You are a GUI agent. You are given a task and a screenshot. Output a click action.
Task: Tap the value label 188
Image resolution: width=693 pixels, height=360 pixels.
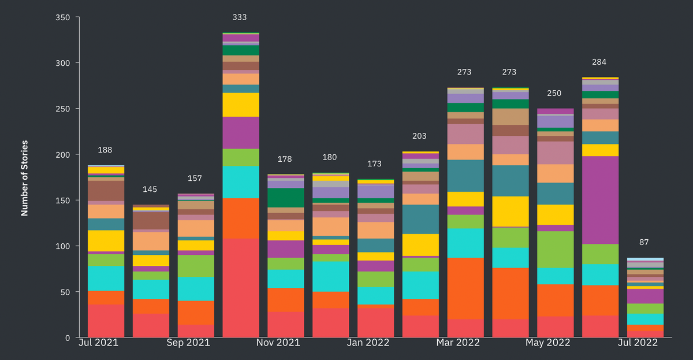[x=105, y=150]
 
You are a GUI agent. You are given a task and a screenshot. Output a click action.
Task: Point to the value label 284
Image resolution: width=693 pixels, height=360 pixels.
[x=599, y=62]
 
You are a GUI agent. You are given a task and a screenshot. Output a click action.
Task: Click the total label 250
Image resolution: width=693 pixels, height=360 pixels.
[x=554, y=93]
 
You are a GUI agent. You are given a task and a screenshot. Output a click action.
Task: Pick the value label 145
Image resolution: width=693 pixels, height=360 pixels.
[x=150, y=190]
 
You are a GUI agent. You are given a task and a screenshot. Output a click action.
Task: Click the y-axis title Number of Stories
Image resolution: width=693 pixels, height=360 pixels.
[x=25, y=178]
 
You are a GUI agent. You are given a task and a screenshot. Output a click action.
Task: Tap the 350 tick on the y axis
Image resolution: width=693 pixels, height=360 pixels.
[x=63, y=17]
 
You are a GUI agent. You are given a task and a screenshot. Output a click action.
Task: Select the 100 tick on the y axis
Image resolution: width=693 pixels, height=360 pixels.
[x=63, y=246]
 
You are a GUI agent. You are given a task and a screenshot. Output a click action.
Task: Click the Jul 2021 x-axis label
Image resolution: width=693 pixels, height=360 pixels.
[x=98, y=343]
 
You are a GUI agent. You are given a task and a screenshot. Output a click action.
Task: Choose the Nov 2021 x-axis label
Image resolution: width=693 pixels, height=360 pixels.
[x=278, y=343]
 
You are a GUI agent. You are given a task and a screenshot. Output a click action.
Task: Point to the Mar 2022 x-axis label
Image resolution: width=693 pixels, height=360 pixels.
[x=459, y=343]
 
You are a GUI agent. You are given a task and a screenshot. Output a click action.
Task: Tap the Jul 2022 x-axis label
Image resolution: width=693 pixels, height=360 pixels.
[x=638, y=343]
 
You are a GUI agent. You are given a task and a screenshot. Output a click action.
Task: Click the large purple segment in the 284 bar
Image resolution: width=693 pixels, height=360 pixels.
[x=601, y=200]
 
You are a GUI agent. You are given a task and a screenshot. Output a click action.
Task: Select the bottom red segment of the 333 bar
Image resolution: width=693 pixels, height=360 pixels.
[x=241, y=288]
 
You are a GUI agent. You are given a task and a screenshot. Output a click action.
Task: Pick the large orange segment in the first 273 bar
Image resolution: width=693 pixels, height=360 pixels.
[x=465, y=288]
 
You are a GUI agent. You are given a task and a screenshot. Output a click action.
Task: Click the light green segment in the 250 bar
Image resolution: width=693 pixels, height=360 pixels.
[x=555, y=249]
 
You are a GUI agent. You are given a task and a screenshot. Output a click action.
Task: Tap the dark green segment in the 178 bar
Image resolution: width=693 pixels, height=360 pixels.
[x=286, y=198]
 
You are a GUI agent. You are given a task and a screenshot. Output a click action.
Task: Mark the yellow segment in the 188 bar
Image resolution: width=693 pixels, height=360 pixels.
[x=106, y=240]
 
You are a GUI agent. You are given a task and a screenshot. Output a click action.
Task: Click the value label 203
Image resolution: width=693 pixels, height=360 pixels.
[x=420, y=136]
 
